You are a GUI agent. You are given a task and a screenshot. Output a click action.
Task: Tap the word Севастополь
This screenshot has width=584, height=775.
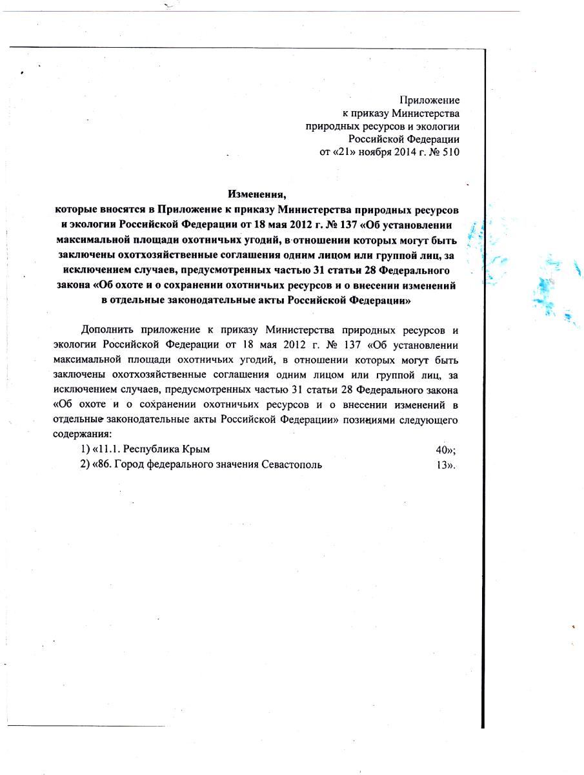pos(292,464)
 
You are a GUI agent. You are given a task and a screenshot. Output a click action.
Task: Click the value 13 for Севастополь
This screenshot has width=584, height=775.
pos(443,464)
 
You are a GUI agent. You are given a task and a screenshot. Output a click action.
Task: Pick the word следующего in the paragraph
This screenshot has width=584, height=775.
pos(433,420)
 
